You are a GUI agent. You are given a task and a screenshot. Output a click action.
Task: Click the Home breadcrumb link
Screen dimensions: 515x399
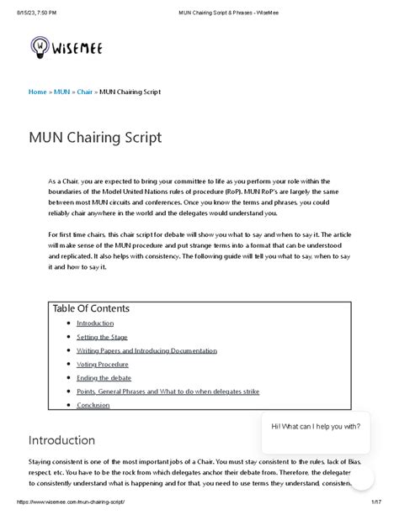[x=38, y=92]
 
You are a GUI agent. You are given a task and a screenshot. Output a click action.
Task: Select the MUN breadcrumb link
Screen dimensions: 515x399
[x=61, y=92]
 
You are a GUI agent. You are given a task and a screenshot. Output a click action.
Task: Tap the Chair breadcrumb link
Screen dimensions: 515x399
[x=84, y=92]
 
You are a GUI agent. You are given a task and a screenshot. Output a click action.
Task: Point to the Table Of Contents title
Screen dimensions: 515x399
[x=91, y=308]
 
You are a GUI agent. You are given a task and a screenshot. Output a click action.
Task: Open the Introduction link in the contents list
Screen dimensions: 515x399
[x=94, y=323]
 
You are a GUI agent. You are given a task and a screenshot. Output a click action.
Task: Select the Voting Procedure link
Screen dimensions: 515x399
[x=102, y=365]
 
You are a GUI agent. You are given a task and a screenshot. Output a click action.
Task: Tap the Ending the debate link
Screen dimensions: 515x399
[x=104, y=378]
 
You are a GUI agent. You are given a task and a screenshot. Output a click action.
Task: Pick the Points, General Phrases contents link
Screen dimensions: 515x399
[x=168, y=392]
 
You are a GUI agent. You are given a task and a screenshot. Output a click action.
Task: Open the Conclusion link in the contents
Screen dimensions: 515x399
[x=93, y=405]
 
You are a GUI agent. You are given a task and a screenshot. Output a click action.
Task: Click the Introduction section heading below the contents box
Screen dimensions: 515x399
[x=61, y=440]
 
